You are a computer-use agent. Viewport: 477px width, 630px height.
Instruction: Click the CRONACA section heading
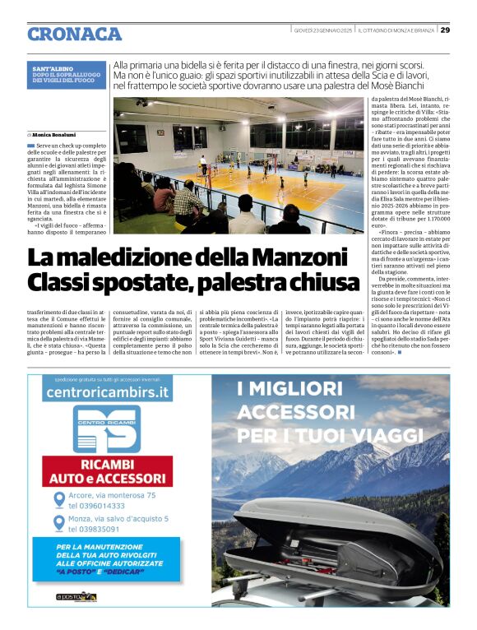75,34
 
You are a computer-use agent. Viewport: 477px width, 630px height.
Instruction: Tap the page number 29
443,30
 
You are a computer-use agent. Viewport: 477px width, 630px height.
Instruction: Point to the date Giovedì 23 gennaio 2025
323,30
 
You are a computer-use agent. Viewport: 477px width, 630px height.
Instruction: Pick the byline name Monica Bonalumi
58,132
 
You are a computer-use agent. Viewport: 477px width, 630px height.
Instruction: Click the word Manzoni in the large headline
287,257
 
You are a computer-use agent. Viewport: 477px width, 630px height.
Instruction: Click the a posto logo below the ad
76,596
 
